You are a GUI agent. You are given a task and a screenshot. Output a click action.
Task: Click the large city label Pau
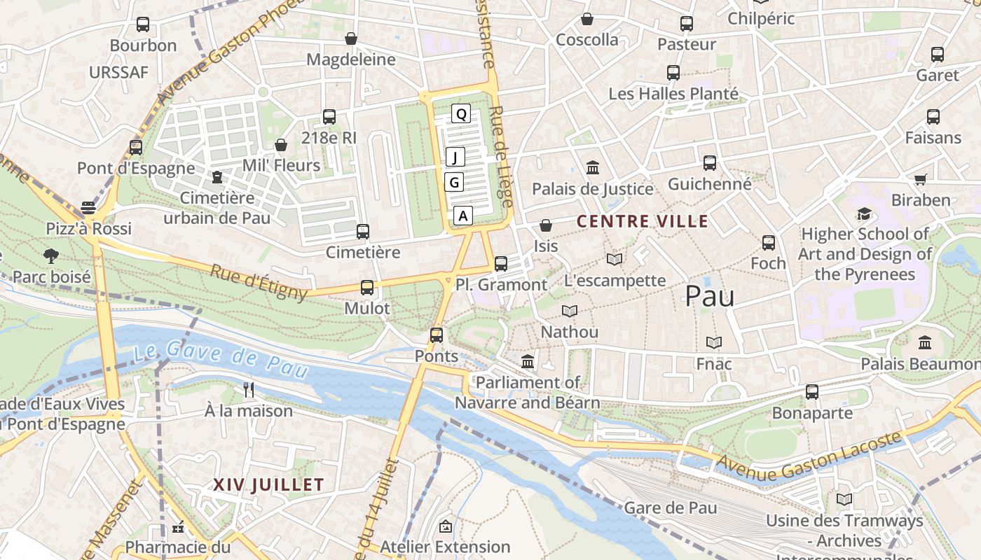[709, 296]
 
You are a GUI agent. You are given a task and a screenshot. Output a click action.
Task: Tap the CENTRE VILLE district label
[642, 222]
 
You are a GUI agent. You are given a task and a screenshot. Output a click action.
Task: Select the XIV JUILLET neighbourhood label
[268, 484]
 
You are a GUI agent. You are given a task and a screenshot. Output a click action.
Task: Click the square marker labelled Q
[460, 113]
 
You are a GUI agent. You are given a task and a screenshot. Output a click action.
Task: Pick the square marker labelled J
[455, 157]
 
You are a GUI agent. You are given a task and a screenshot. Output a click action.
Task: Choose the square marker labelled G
[454, 183]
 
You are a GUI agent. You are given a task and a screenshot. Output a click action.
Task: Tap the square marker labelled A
[462, 216]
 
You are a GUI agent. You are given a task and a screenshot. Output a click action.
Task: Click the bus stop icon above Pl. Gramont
[500, 264]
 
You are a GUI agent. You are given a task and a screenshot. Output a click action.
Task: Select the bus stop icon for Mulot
[367, 287]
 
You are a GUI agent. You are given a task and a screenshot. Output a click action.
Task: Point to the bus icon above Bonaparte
[811, 392]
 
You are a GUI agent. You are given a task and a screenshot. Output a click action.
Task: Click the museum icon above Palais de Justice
[593, 167]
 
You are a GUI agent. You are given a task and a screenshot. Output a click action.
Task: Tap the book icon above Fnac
[714, 342]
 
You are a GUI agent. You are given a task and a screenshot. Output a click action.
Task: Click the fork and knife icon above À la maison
[248, 389]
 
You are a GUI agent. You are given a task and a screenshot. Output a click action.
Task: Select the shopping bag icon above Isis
[545, 225]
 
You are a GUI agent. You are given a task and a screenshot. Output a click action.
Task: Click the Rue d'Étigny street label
[259, 282]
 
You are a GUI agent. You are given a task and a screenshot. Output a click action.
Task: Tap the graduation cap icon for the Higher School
[865, 213]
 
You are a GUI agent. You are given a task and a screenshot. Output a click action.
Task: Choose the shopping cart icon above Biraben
[920, 179]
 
